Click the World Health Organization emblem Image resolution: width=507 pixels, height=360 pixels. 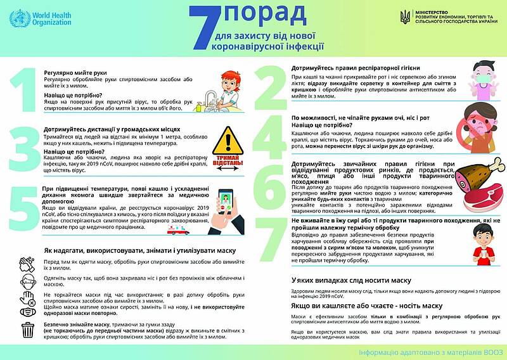[x=20, y=18]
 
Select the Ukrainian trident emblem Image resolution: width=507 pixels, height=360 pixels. [x=404, y=18]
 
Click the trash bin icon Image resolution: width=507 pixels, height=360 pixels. [x=28, y=330]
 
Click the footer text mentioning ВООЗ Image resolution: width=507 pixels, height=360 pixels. [x=430, y=352]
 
